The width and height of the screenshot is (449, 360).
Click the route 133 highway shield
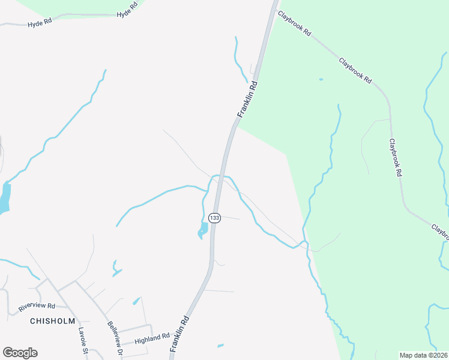click(214, 217)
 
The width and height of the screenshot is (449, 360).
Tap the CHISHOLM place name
click(53, 321)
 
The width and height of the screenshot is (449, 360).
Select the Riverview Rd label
click(37, 305)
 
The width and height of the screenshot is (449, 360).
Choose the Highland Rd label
click(152, 339)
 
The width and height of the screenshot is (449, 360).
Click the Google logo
click(20, 353)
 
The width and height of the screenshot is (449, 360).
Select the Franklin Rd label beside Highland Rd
click(180, 334)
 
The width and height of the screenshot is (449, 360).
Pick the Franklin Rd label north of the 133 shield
click(247, 99)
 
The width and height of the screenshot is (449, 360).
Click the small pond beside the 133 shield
click(203, 230)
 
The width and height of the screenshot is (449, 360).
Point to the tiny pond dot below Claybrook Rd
click(321, 79)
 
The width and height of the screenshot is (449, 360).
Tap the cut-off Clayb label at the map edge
click(441, 230)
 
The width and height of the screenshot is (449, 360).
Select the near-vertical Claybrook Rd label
click(394, 158)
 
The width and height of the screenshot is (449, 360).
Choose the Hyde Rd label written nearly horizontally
click(40, 25)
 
